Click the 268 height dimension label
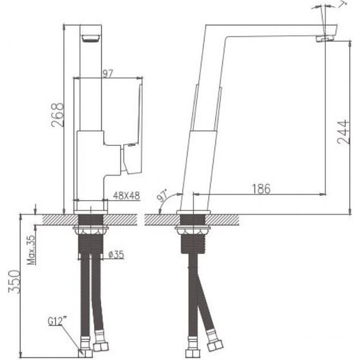pyautogui.click(x=57, y=115)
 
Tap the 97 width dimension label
pyautogui.click(x=108, y=74)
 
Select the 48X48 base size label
pyautogui.click(x=126, y=196)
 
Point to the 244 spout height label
pyautogui.click(x=343, y=132)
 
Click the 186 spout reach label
pyautogui.click(x=261, y=189)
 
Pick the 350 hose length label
pyautogui.click(x=15, y=282)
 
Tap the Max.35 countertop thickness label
pyautogui.click(x=32, y=250)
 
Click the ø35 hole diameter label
pyautogui.click(x=116, y=255)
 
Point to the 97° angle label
pyautogui.click(x=162, y=196)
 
